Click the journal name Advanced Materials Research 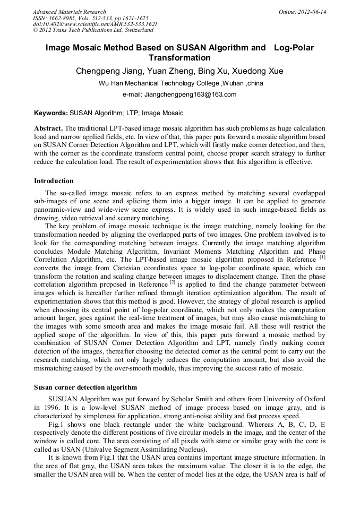coord(69,12)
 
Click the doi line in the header coord(95,24)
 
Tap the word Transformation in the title coord(179,58)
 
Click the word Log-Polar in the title coord(294,48)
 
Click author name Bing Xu coord(215,71)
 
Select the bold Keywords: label coord(51,113)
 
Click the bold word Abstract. coord(48,129)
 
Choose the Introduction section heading coord(54,181)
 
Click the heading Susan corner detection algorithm coord(85,387)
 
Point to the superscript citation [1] coord(322,257)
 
